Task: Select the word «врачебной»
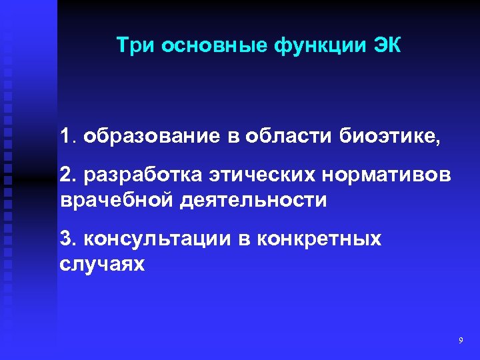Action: [x=116, y=200]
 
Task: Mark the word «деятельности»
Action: [x=253, y=200]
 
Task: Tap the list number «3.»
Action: [x=67, y=239]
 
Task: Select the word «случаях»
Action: [x=101, y=263]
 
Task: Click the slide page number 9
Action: [x=461, y=341]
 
